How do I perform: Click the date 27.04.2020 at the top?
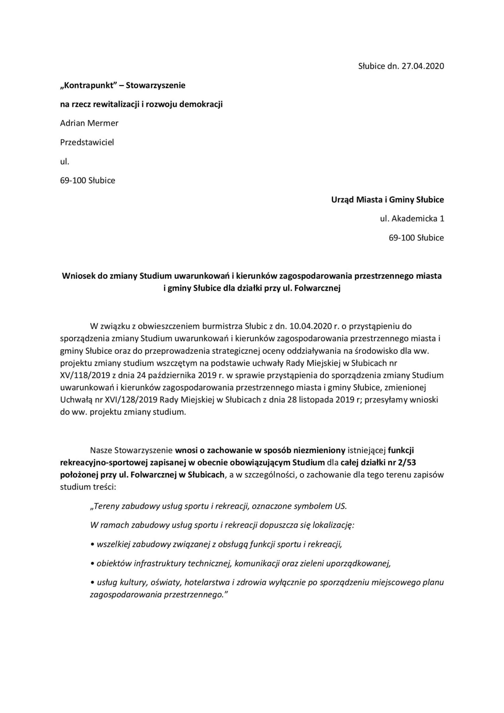(423, 66)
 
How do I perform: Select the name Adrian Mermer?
(89, 123)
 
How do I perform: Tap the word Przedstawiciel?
(87, 142)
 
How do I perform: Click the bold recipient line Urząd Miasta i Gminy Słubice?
(387, 200)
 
